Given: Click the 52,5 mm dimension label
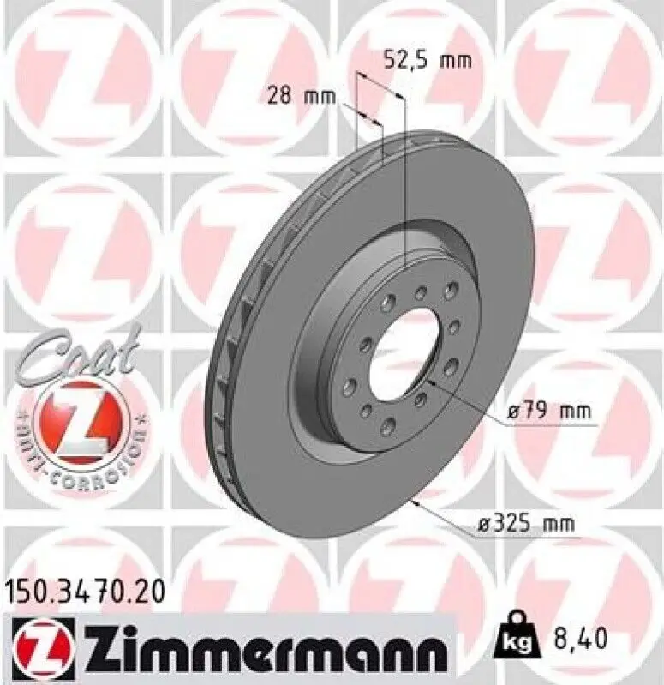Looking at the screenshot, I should click(426, 59).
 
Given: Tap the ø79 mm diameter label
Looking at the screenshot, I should click(548, 412).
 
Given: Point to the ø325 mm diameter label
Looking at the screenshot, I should click(527, 521).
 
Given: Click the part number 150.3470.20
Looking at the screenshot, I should click(83, 592).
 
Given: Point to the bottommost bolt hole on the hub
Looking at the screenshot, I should click(385, 423).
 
